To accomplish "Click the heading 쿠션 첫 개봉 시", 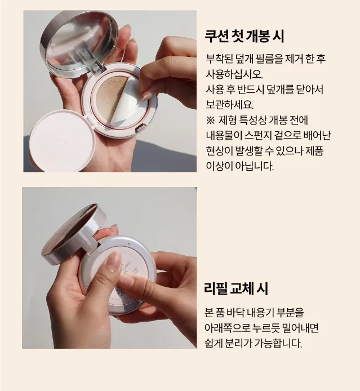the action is click(245, 37).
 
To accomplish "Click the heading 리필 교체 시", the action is click(236, 288).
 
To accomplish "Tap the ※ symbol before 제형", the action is click(210, 121).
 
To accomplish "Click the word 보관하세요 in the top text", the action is click(230, 105).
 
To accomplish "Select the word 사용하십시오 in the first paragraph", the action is click(234, 74).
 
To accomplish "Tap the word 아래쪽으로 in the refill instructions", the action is click(227, 328).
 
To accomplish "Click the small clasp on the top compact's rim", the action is click(138, 128).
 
